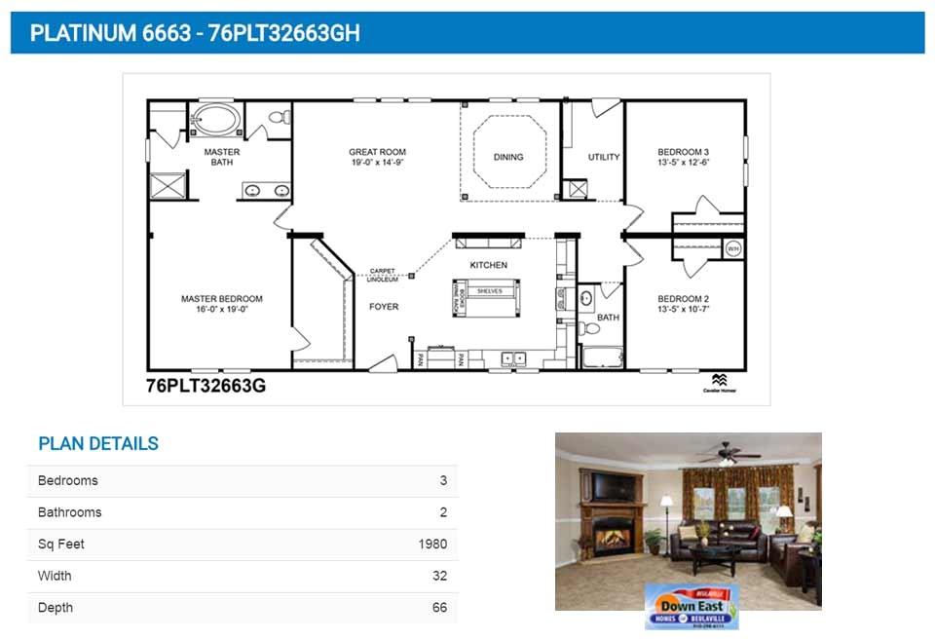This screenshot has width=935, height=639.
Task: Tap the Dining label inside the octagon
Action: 508,157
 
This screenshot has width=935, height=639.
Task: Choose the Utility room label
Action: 604,157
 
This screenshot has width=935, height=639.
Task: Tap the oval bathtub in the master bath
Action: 214,122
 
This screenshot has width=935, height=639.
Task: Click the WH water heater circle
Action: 732,249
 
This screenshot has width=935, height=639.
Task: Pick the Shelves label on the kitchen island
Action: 488,291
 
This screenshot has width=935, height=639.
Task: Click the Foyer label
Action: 384,307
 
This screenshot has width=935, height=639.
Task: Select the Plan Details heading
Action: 98,444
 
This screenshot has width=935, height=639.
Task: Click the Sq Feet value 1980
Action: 432,545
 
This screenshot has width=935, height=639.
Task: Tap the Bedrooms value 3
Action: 443,480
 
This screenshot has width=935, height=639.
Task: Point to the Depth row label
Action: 56,608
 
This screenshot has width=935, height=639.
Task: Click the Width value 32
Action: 439,576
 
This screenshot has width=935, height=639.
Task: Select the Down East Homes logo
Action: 692,606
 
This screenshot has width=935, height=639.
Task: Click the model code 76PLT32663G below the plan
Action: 206,386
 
